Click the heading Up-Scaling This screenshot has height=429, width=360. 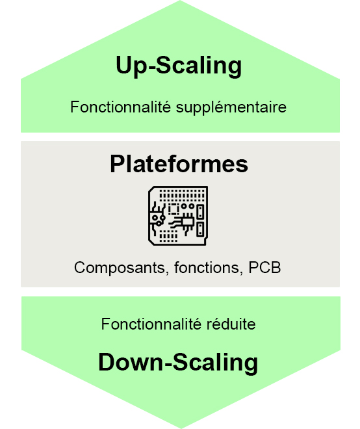179,66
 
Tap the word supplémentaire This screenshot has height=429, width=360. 231,107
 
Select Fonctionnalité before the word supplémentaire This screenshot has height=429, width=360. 121,107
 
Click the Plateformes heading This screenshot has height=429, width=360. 179,164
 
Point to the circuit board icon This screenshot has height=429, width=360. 178,216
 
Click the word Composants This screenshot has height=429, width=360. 120,268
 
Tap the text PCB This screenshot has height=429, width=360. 264,267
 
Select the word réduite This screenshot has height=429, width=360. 231,324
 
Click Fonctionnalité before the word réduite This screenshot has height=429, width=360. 151,324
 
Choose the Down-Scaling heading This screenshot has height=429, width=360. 178,363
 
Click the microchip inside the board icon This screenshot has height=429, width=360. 188,222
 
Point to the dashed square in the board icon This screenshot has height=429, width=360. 174,209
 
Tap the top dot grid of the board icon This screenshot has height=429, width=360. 182,195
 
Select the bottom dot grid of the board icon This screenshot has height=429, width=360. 168,236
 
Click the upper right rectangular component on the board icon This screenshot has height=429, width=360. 201,211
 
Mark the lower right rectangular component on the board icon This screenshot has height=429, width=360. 201,229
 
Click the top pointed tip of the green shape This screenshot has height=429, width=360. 180,1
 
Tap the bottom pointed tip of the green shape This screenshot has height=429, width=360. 181,428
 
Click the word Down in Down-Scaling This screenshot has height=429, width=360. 131,362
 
